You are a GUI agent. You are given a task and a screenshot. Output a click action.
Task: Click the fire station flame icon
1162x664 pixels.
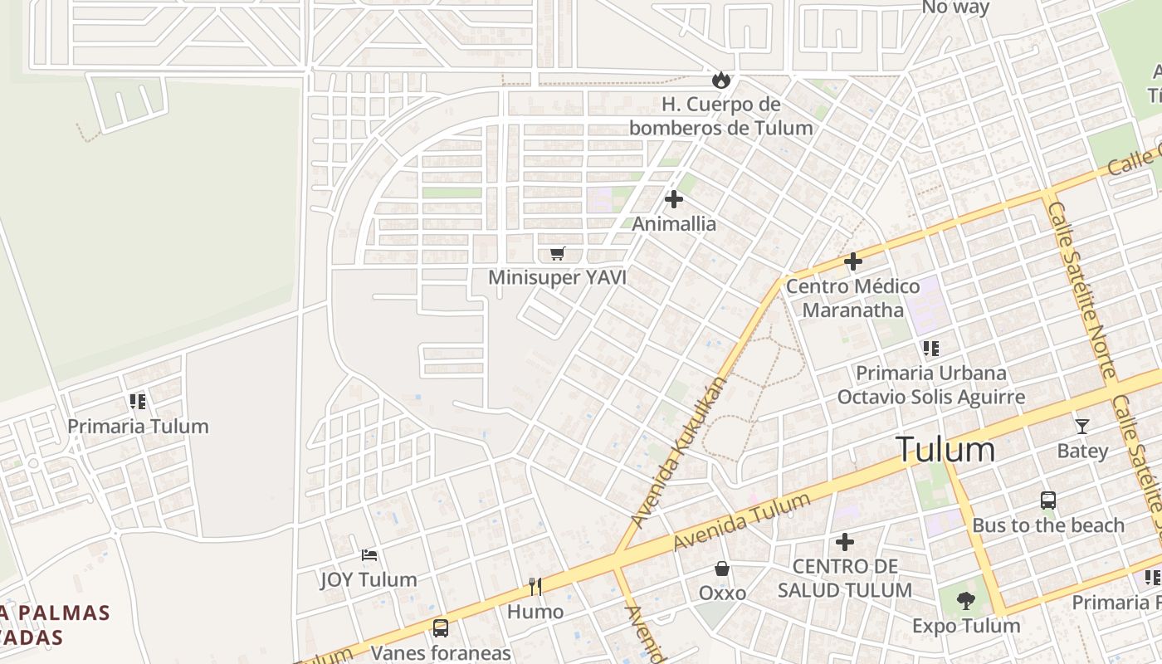pyautogui.click(x=720, y=81)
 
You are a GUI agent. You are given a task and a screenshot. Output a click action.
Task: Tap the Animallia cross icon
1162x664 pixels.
pyautogui.click(x=674, y=199)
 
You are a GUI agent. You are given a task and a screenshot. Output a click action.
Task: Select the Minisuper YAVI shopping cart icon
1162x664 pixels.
pyautogui.click(x=557, y=253)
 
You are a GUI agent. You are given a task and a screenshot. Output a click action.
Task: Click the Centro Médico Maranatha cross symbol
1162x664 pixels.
pyautogui.click(x=852, y=262)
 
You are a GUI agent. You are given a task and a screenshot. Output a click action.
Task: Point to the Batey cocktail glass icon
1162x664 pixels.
pyautogui.click(x=1081, y=427)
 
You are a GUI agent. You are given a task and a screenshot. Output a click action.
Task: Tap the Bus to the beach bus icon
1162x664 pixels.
pyautogui.click(x=1048, y=500)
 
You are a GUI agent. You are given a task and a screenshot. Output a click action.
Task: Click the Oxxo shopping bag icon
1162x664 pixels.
pyautogui.click(x=722, y=569)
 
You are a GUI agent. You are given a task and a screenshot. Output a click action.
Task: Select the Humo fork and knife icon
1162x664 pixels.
pyautogui.click(x=535, y=587)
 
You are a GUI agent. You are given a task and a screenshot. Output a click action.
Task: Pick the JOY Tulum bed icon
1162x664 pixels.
pyautogui.click(x=369, y=554)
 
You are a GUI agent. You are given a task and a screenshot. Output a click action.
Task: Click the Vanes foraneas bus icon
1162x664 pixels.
pyautogui.click(x=441, y=628)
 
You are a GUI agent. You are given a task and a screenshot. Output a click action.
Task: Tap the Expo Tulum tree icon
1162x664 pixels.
pyautogui.click(x=965, y=600)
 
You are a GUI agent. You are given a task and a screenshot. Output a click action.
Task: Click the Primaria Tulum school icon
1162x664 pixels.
pyautogui.click(x=138, y=402)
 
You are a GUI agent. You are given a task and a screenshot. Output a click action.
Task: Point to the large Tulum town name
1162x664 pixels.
pyautogui.click(x=945, y=450)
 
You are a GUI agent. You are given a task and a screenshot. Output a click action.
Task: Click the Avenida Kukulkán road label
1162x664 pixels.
pyautogui.click(x=679, y=452)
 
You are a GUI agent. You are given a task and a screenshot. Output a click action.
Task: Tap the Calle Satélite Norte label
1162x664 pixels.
pyautogui.click(x=1082, y=290)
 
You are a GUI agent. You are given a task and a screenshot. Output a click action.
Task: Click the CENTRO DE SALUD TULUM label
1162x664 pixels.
pyautogui.click(x=845, y=579)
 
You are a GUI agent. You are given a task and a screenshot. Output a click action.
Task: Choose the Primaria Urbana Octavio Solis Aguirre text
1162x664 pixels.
pyautogui.click(x=930, y=385)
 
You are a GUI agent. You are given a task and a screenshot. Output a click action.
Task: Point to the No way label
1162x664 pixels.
pyautogui.click(x=955, y=7)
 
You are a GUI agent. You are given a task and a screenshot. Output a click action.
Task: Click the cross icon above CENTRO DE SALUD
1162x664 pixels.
pyautogui.click(x=845, y=542)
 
